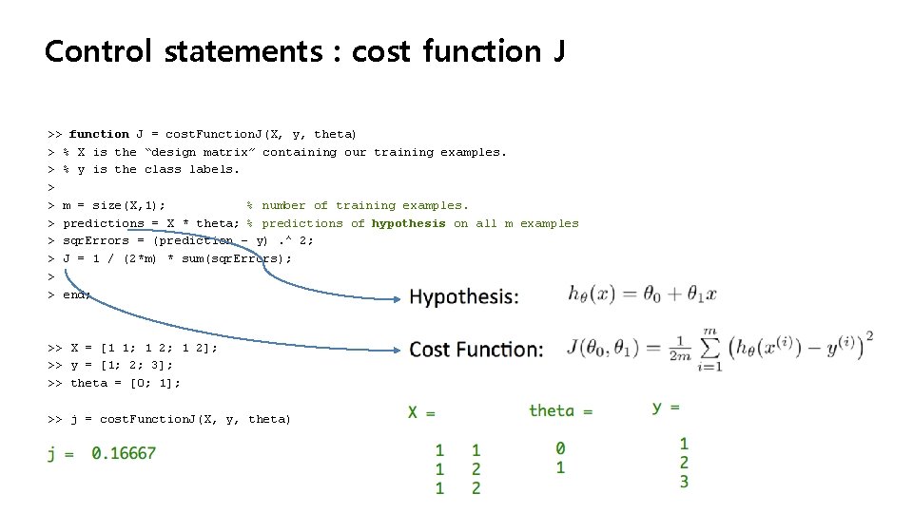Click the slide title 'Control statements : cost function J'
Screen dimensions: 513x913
pyautogui.click(x=304, y=50)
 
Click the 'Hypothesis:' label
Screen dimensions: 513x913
pyautogui.click(x=464, y=297)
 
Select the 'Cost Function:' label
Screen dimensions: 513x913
pyautogui.click(x=476, y=350)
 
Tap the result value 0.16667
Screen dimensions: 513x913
pyautogui.click(x=124, y=453)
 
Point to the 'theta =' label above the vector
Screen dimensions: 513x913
pyautogui.click(x=560, y=410)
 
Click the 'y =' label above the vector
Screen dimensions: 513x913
pyautogui.click(x=667, y=407)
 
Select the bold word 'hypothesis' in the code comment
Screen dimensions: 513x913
pyautogui.click(x=408, y=223)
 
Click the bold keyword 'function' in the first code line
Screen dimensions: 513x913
pyautogui.click(x=99, y=134)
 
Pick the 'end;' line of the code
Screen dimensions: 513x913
pyautogui.click(x=76, y=294)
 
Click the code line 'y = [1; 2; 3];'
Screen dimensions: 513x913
pyautogui.click(x=122, y=365)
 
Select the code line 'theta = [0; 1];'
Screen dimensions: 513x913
pyautogui.click(x=125, y=383)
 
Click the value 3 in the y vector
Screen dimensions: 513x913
pyautogui.click(x=684, y=482)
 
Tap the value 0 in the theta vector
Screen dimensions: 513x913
pyautogui.click(x=560, y=447)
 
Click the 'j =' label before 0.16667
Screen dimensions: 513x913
pyautogui.click(x=61, y=454)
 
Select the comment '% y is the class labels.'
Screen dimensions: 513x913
pyautogui.click(x=151, y=169)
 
